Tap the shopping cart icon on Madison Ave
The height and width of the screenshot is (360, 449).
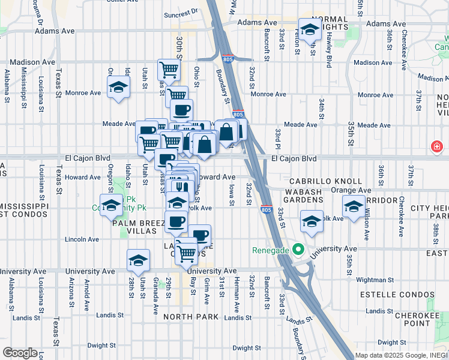pos(169,70)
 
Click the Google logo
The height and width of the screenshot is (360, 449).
pos(20,353)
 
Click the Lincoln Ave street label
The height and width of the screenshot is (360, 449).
pos(83,239)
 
